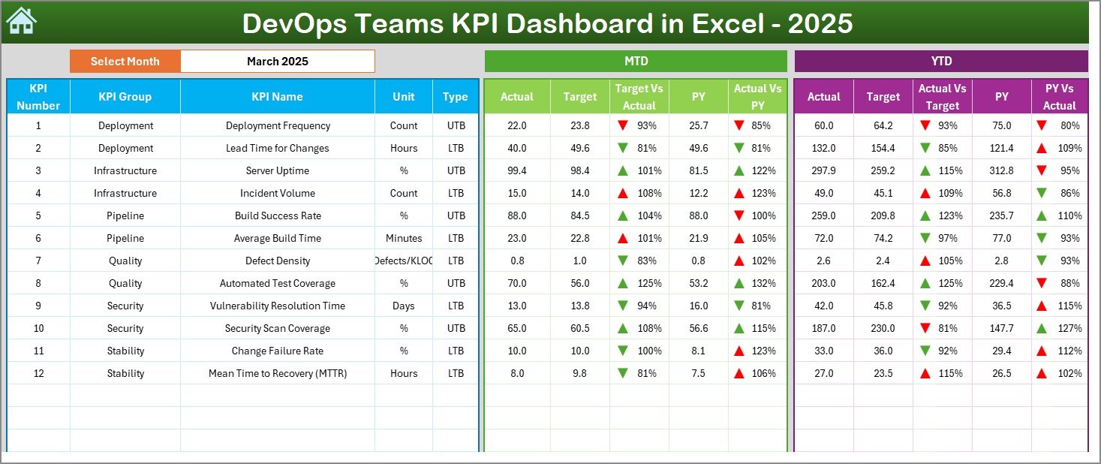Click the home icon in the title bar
[21, 21]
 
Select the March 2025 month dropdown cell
[278, 62]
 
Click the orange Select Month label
[125, 62]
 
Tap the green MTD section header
[636, 62]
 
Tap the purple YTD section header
[940, 62]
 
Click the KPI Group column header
[125, 97]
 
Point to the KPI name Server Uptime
[278, 170]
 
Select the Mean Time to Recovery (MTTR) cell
[278, 373]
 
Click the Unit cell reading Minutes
[404, 238]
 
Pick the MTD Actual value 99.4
[517, 170]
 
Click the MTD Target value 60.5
[580, 328]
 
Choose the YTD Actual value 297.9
[823, 170]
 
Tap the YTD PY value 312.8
[1001, 170]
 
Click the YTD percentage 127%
[1070, 328]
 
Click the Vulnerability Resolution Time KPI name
[278, 306]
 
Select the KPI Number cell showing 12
[38, 373]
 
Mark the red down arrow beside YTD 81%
[925, 328]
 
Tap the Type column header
[455, 97]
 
